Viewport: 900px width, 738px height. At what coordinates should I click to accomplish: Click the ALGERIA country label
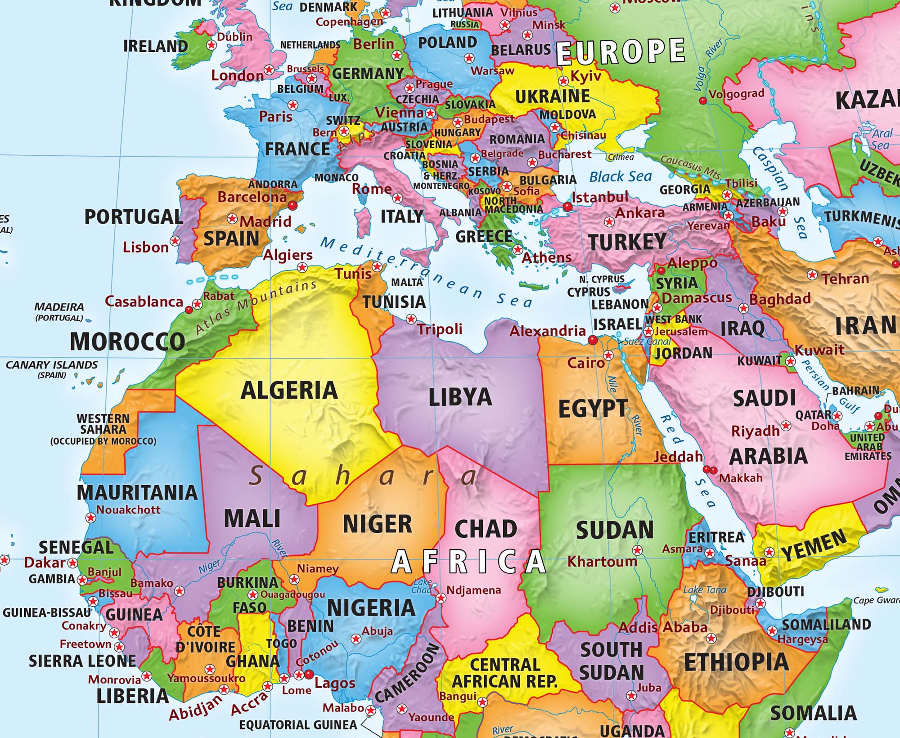point(289,390)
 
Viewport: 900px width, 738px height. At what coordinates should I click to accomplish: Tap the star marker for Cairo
point(608,355)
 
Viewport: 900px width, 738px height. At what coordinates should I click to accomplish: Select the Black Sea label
point(621,176)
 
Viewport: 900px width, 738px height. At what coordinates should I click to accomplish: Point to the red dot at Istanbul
point(567,207)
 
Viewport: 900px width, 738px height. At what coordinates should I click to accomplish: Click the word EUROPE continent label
point(621,52)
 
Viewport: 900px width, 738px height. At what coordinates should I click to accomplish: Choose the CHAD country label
point(486,529)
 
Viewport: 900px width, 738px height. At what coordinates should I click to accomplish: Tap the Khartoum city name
point(602,562)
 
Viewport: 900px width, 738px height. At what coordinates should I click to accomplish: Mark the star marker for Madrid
point(232,219)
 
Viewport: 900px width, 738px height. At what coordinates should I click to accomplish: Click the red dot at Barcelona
point(293,206)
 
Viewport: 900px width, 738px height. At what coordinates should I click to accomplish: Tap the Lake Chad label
point(422,586)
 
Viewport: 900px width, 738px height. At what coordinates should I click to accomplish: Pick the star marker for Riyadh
point(786,425)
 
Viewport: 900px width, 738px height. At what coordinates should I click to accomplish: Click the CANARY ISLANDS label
point(52,365)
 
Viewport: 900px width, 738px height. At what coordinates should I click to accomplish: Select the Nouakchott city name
point(128,510)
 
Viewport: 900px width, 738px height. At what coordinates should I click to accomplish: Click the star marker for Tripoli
point(411,319)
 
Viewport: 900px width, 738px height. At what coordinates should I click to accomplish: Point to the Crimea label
point(621,157)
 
